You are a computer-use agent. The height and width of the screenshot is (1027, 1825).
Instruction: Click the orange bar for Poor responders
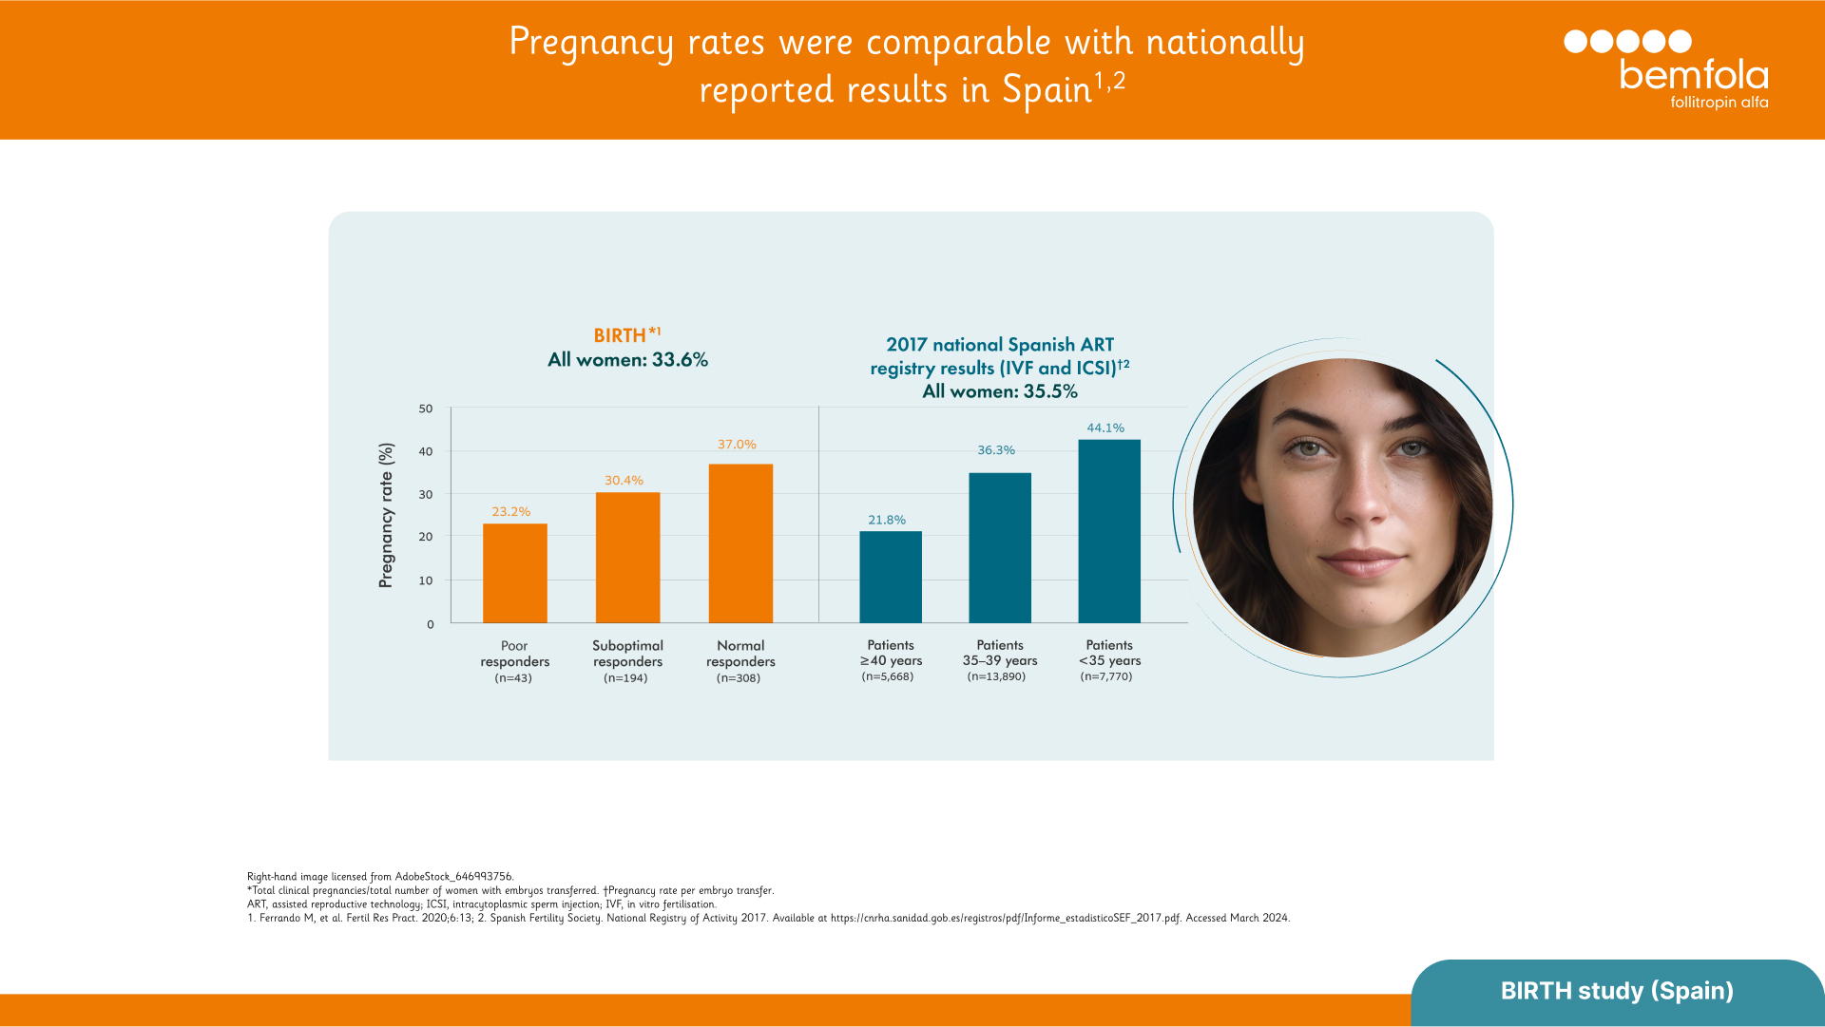click(x=514, y=573)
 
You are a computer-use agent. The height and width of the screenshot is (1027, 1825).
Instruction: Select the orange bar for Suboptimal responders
click(x=627, y=558)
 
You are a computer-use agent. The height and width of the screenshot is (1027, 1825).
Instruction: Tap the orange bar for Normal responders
click(x=740, y=543)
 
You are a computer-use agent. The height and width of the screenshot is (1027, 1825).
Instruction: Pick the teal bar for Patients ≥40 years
click(x=890, y=577)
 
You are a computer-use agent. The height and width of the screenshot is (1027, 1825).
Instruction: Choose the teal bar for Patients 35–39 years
click(x=999, y=548)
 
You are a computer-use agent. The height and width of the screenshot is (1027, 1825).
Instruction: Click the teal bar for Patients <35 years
click(x=1108, y=531)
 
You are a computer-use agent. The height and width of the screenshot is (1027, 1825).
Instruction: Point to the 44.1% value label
click(x=1105, y=428)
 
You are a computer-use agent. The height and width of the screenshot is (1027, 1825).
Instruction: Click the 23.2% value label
click(x=510, y=512)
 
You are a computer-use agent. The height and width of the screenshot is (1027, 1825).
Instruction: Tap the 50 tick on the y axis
click(x=425, y=409)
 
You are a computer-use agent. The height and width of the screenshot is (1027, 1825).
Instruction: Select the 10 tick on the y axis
click(x=425, y=580)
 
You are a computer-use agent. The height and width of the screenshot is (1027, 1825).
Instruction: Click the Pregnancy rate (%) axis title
click(x=386, y=515)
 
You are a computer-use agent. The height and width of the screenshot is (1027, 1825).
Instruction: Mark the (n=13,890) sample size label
click(x=996, y=676)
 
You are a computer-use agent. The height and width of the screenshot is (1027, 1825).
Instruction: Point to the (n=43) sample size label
click(x=513, y=678)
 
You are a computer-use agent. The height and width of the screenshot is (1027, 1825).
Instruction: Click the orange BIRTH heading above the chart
click(x=620, y=335)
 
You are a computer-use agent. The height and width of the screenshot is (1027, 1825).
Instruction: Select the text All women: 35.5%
click(x=999, y=391)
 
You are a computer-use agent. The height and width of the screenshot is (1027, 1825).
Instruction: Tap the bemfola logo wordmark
click(x=1693, y=75)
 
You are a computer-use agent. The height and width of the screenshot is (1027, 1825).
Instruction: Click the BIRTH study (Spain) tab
click(x=1616, y=991)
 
